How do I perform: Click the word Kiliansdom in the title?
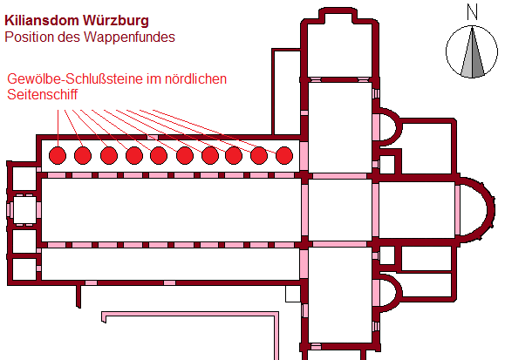[42, 20]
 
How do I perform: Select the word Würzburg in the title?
[116, 20]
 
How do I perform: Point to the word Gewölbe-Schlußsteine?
[75, 79]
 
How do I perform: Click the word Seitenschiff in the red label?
[43, 95]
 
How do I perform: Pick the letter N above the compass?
[472, 12]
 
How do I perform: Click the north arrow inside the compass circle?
[472, 52]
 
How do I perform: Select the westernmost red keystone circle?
[58, 155]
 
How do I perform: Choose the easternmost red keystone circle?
[284, 155]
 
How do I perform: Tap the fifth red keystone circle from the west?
[159, 155]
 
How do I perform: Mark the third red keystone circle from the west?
[109, 155]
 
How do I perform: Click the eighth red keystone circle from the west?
[234, 155]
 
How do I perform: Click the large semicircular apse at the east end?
[491, 209]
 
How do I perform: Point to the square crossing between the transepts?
[340, 210]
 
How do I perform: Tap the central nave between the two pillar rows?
[171, 210]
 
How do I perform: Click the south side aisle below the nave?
[171, 264]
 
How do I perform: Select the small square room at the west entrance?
[24, 210]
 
